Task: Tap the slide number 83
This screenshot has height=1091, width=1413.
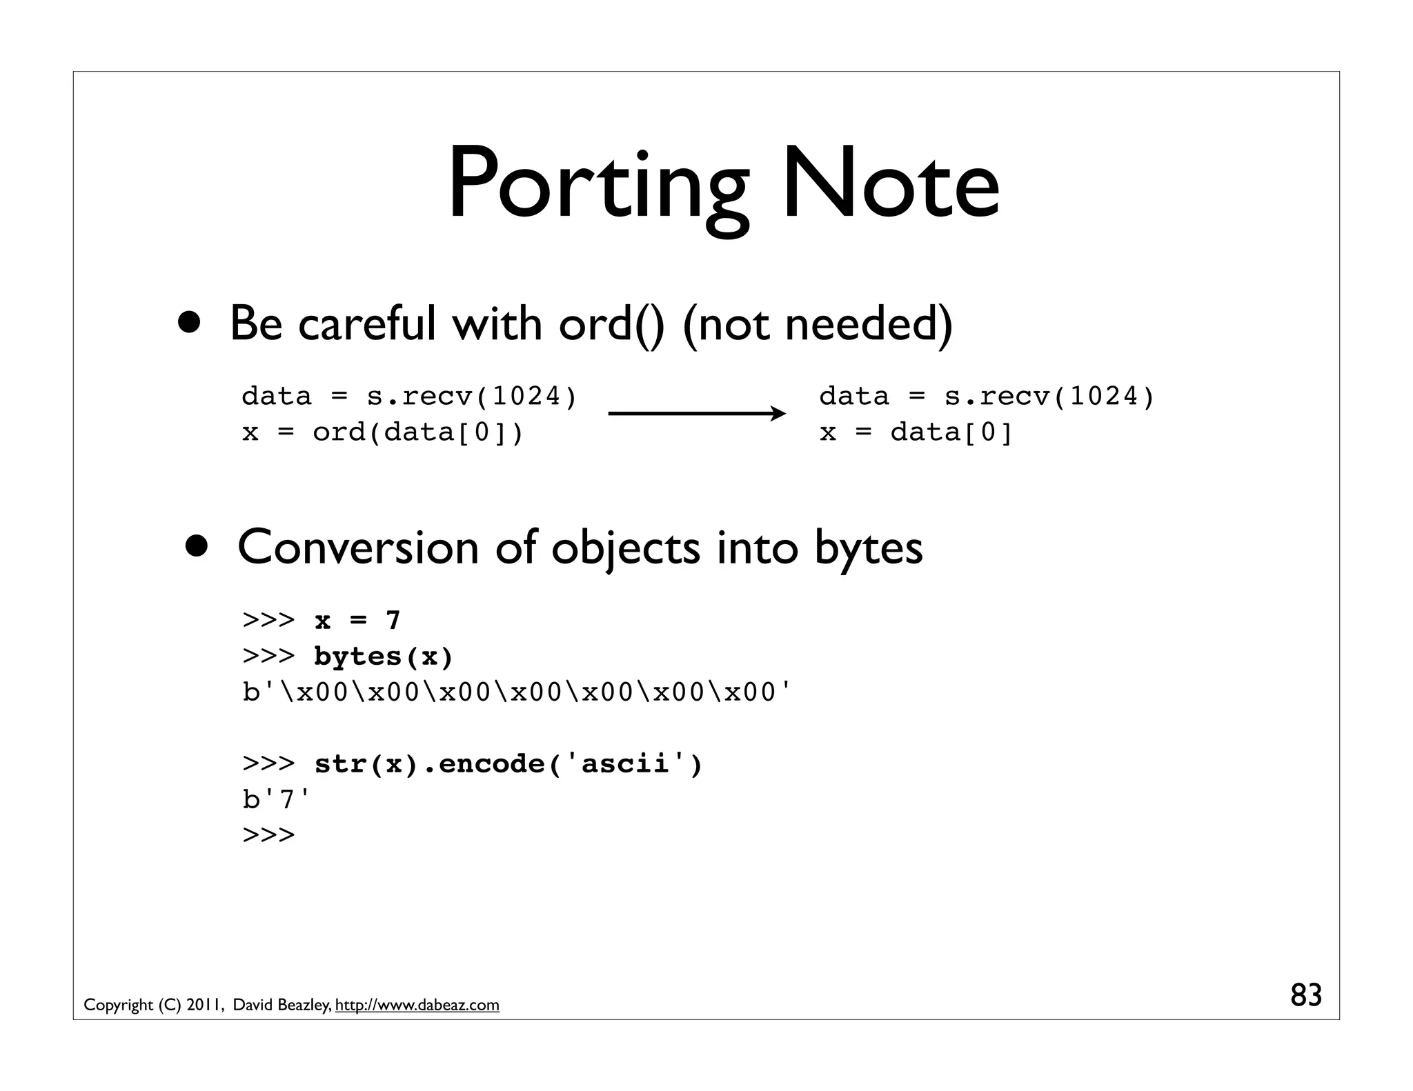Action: coord(1305,995)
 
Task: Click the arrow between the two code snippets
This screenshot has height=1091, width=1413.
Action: coord(697,414)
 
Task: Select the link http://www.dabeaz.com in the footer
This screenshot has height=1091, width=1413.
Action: coord(417,1005)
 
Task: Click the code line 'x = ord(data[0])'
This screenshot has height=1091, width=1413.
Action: coord(383,432)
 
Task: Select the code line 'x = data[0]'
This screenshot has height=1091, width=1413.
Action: coord(916,432)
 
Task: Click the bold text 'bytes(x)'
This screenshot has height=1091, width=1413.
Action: coord(384,656)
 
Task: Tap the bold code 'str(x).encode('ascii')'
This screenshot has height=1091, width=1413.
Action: coord(508,763)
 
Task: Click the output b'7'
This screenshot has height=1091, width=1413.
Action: coord(277,799)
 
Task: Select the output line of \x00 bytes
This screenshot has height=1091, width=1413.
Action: coord(517,692)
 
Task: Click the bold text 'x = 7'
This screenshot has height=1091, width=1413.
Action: coord(357,620)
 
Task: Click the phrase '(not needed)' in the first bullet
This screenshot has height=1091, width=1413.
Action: coord(817,324)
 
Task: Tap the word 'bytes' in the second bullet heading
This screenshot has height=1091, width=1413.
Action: coord(868,548)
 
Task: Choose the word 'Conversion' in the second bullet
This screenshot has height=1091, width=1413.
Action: coord(358,548)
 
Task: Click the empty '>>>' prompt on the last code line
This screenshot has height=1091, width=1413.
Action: coord(268,835)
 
